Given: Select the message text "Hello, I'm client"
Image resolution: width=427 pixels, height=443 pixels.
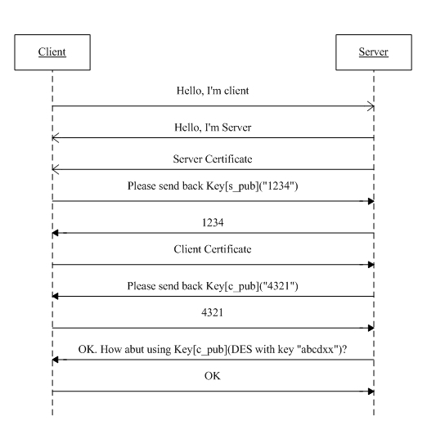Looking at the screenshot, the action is (x=213, y=91).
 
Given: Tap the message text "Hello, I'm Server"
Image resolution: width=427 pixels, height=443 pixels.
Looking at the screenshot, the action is (x=213, y=128).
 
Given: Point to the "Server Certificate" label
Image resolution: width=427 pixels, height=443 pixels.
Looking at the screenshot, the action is (x=213, y=159).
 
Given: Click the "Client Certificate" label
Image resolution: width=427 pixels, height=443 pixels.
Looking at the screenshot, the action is (x=213, y=249).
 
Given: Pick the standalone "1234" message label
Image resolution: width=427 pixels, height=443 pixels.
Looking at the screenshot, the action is (x=213, y=222).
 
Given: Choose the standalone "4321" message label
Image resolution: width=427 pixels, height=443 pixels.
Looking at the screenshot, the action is (x=213, y=313).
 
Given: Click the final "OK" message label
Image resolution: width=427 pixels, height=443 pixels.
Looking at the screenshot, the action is (x=213, y=376).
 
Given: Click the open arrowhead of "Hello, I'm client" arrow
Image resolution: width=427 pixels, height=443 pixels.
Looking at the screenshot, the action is (x=371, y=106).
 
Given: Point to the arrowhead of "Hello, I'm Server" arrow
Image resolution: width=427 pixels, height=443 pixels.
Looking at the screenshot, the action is (x=56, y=138).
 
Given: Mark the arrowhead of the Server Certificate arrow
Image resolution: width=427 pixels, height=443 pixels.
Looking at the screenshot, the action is (x=56, y=169).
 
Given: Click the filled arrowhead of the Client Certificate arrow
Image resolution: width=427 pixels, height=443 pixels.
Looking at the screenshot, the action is (x=371, y=265).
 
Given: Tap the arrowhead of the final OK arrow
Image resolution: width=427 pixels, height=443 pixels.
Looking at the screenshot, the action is (x=371, y=392).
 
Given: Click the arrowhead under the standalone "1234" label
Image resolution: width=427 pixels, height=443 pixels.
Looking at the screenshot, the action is (x=56, y=233).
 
